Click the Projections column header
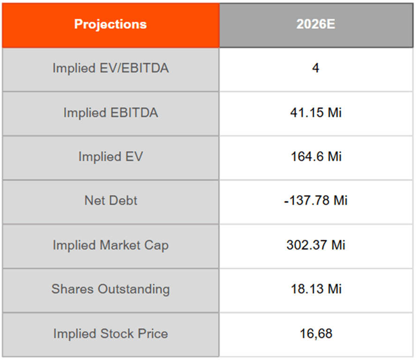[110, 24]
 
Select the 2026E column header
[316, 24]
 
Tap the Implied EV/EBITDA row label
[111, 68]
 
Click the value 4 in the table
[316, 68]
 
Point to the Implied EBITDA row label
[111, 113]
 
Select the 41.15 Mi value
[316, 113]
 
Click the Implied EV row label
[111, 156]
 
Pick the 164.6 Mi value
[316, 156]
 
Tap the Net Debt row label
[111, 200]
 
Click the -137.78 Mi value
[316, 200]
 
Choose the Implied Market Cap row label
[111, 245]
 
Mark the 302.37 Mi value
[316, 245]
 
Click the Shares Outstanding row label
[111, 289]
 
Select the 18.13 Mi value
[316, 289]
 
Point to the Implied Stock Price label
[111, 334]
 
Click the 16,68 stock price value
[316, 334]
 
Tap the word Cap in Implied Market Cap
[157, 245]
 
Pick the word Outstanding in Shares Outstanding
[134, 289]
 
